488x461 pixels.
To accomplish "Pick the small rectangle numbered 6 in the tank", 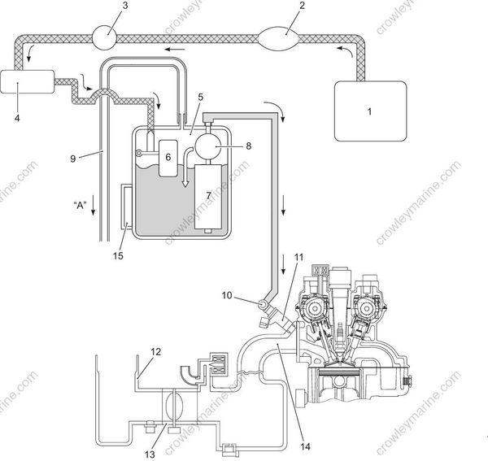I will pyautogui.click(x=172, y=158).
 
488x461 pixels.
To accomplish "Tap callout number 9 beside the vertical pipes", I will pyautogui.click(x=72, y=159).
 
